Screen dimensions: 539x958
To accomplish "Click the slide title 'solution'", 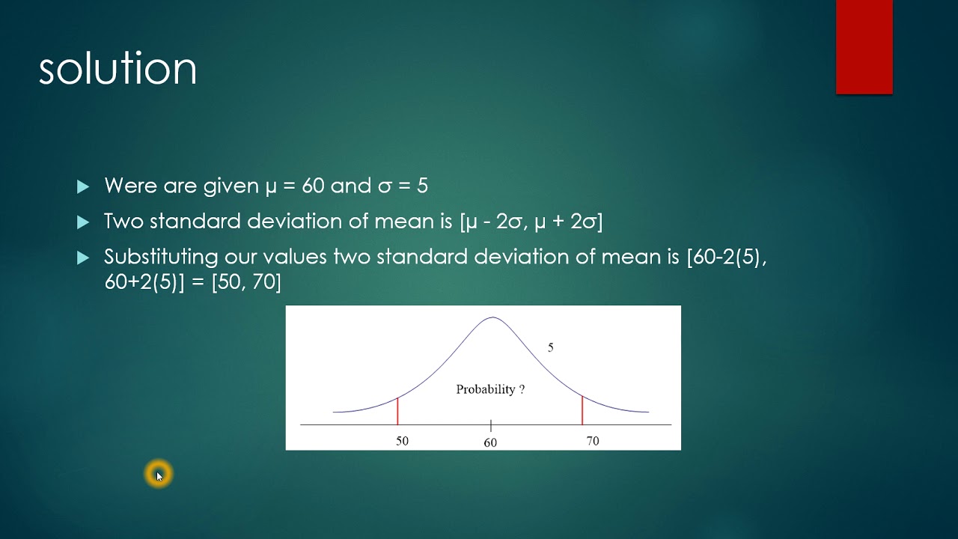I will tap(118, 69).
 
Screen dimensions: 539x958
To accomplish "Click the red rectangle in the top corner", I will tap(864, 46).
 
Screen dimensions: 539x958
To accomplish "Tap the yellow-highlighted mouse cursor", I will tap(159, 474).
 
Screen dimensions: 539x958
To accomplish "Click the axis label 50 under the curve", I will tap(402, 441).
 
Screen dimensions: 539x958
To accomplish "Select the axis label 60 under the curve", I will tap(490, 442).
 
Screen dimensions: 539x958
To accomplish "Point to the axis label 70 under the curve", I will tap(592, 441).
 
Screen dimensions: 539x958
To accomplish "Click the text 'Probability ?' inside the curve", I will tap(490, 389).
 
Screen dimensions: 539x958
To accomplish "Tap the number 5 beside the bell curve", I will tap(550, 347).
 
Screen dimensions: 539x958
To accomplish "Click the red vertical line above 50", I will tap(397, 411).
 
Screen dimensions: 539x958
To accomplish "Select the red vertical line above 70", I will tap(582, 410).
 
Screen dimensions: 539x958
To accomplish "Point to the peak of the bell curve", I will tap(492, 317).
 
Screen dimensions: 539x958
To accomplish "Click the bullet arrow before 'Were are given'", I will tap(83, 186).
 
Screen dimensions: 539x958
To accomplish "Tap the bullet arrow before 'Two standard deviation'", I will tap(83, 222).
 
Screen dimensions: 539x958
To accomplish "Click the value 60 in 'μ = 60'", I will tap(313, 186).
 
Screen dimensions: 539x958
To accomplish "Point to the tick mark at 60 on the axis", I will tap(491, 425).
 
